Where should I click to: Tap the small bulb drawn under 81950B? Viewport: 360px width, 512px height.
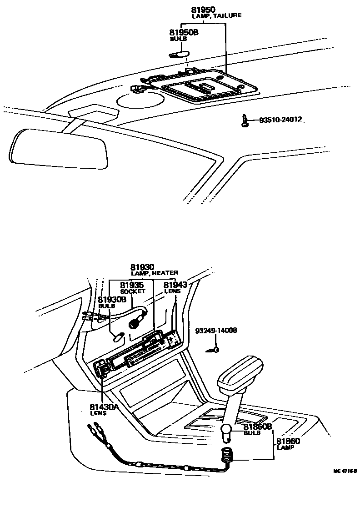click(179, 55)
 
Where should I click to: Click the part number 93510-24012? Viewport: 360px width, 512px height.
click(280, 120)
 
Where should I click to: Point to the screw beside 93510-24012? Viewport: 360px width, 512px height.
click(245, 120)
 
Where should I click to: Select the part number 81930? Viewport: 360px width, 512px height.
click(143, 267)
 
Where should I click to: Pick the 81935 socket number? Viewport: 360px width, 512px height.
click(132, 285)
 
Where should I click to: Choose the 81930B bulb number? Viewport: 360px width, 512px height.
click(112, 300)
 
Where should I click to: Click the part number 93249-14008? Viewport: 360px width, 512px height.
click(216, 331)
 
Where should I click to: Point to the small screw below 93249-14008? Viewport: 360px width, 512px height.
click(214, 350)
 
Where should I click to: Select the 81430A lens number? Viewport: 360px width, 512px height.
click(104, 407)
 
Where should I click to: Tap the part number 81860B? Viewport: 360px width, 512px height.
click(258, 427)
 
